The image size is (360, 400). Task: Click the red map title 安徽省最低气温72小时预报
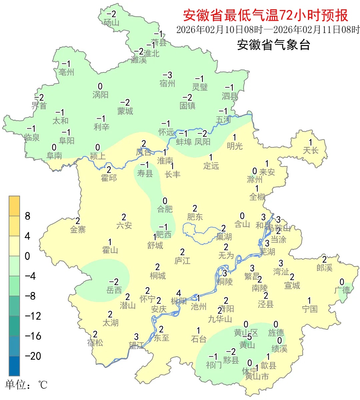265,15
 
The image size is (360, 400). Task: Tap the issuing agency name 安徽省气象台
273,45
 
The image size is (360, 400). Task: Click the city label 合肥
165,209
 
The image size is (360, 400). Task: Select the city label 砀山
111,22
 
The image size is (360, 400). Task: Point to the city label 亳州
66,72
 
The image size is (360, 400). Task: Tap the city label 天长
310,150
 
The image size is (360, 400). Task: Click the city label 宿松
95,342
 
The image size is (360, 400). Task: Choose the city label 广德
342,290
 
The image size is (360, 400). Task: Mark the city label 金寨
78,229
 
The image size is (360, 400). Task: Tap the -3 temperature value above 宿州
167,75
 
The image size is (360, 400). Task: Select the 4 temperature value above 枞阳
179,293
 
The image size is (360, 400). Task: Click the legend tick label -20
33,356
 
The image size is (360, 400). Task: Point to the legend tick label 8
28,216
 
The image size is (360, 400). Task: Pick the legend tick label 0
27,256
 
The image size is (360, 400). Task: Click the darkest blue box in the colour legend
14,366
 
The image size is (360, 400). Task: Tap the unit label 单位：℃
26,385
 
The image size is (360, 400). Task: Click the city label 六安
124,226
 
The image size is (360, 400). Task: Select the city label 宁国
310,309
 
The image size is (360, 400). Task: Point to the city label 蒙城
125,111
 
